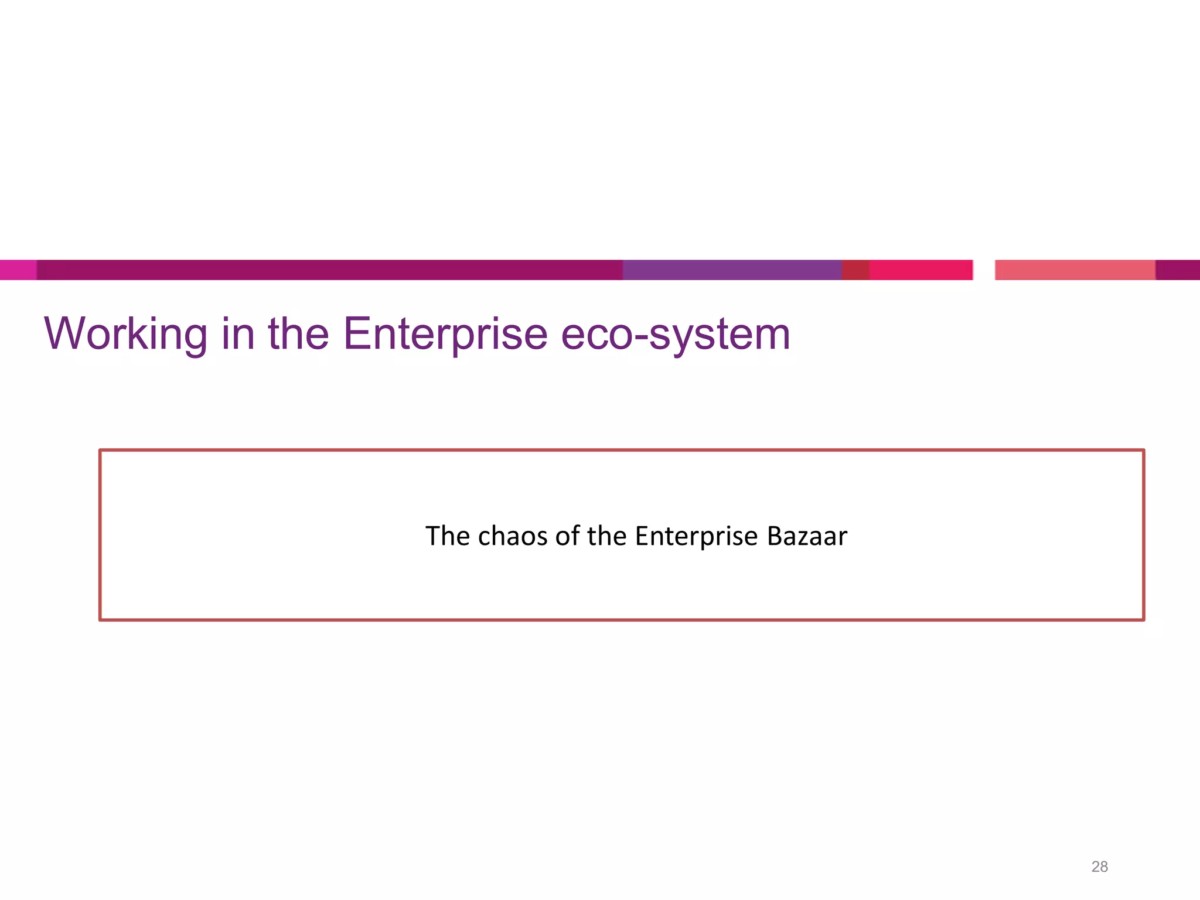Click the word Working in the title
[x=125, y=334]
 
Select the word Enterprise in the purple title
[x=445, y=334]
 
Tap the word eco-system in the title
[x=675, y=334]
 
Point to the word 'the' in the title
[x=298, y=334]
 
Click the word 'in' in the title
[x=238, y=334]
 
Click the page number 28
[x=1099, y=867]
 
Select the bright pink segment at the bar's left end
[x=18, y=270]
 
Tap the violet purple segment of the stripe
[x=732, y=270]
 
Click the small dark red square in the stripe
[x=855, y=270]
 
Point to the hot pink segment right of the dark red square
[x=921, y=270]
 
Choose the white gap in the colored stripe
[x=984, y=270]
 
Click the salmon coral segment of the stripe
[x=1075, y=270]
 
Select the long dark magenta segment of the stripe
[x=328, y=270]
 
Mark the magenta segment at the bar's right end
[x=1178, y=270]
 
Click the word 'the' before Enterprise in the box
[x=607, y=536]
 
